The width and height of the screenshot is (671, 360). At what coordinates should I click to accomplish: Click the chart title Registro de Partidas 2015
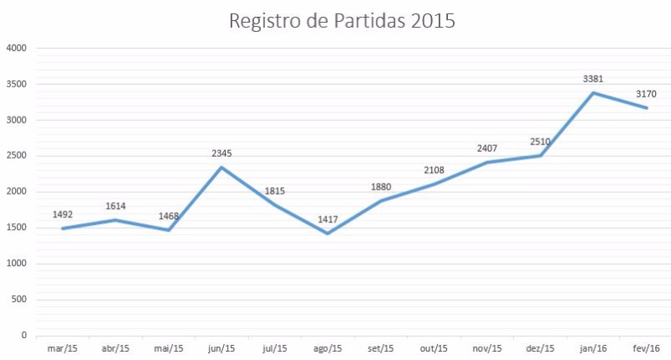(x=342, y=21)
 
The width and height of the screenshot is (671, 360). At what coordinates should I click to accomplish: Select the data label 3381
(x=594, y=79)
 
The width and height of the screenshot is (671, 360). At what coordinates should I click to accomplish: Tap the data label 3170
(x=647, y=94)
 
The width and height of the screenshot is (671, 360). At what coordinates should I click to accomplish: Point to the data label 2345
(x=221, y=154)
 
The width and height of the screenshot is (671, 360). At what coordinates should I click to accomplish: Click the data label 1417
(x=328, y=220)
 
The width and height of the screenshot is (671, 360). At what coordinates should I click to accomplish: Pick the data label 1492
(x=62, y=214)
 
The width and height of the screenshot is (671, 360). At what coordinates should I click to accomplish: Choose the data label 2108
(x=434, y=170)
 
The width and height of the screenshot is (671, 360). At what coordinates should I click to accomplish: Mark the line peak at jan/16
(x=594, y=92)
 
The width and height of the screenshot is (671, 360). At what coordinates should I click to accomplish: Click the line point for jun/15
(x=221, y=167)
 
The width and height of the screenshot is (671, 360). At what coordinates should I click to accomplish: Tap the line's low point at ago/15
(x=328, y=233)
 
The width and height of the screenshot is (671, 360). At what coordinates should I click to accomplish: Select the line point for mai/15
(x=169, y=230)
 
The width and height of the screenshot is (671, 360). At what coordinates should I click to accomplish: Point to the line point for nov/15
(x=487, y=162)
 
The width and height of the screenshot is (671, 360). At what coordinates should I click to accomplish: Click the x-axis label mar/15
(x=62, y=347)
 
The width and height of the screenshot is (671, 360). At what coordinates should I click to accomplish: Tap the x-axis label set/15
(x=381, y=347)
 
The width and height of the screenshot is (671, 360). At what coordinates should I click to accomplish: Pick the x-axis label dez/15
(x=540, y=347)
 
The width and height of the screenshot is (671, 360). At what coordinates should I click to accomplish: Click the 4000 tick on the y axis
(x=18, y=49)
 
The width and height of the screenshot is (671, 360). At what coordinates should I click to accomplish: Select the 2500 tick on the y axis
(x=18, y=156)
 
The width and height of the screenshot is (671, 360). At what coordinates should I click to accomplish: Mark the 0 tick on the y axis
(x=25, y=336)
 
